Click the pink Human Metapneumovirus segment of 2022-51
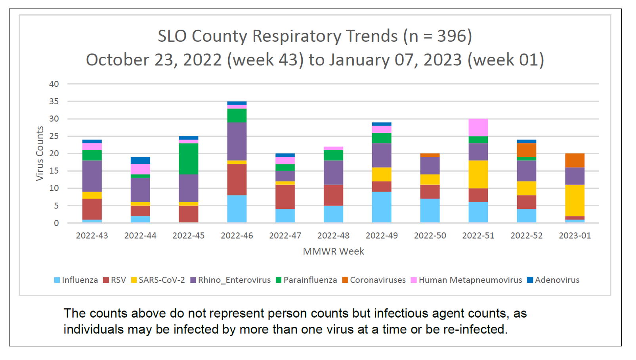coord(478,128)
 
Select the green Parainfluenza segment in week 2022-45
coord(189,159)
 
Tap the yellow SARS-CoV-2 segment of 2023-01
coord(575,200)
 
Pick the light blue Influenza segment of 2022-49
coord(382,207)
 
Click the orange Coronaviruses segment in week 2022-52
coord(526,150)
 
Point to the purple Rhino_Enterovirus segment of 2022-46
coord(237,141)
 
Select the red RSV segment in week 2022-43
coord(92,209)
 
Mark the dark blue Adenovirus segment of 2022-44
coord(140,160)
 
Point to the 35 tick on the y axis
coord(54,101)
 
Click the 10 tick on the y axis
coord(54,188)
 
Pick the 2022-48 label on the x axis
coord(333,236)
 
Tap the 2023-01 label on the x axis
coord(575,236)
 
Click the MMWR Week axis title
coord(333,251)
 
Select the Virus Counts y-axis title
coord(40,153)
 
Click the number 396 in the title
coord(451,36)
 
